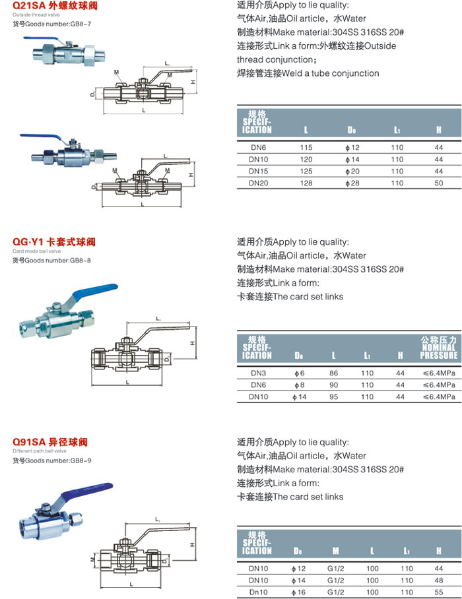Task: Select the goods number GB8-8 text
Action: coord(55,260)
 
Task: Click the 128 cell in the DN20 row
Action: coord(306,181)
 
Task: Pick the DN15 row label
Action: coord(257,170)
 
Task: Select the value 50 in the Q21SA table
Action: coord(438,181)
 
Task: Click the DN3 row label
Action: coord(257,373)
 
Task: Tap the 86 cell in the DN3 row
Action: coord(334,373)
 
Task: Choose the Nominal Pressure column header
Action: coord(438,348)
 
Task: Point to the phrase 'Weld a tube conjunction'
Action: coord(331,73)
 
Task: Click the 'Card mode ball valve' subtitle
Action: coord(36,251)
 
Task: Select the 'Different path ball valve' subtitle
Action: coord(40,451)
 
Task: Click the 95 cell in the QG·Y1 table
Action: coord(334,397)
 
